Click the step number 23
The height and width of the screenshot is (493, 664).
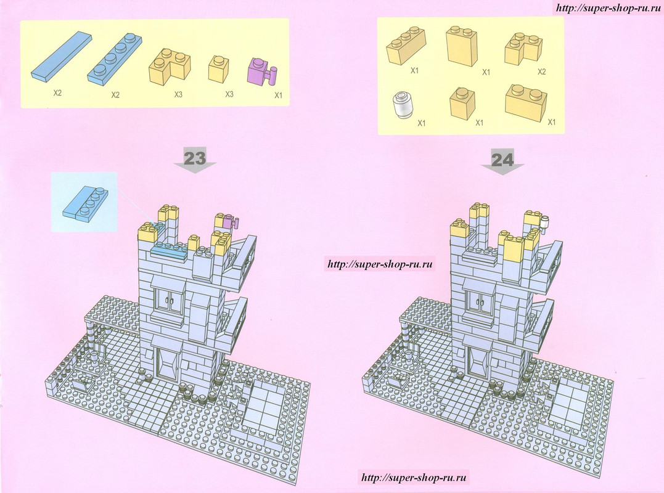pyautogui.click(x=195, y=159)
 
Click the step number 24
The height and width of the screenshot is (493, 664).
pyautogui.click(x=502, y=160)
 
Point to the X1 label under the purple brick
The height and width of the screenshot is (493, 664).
pyautogui.click(x=278, y=96)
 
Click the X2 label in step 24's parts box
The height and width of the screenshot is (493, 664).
pyautogui.click(x=541, y=72)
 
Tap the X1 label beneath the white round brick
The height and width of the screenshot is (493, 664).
pyautogui.click(x=421, y=123)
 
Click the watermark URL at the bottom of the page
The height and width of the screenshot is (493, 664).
pyautogui.click(x=414, y=478)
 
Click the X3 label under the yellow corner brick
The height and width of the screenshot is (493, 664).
pyautogui.click(x=178, y=94)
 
